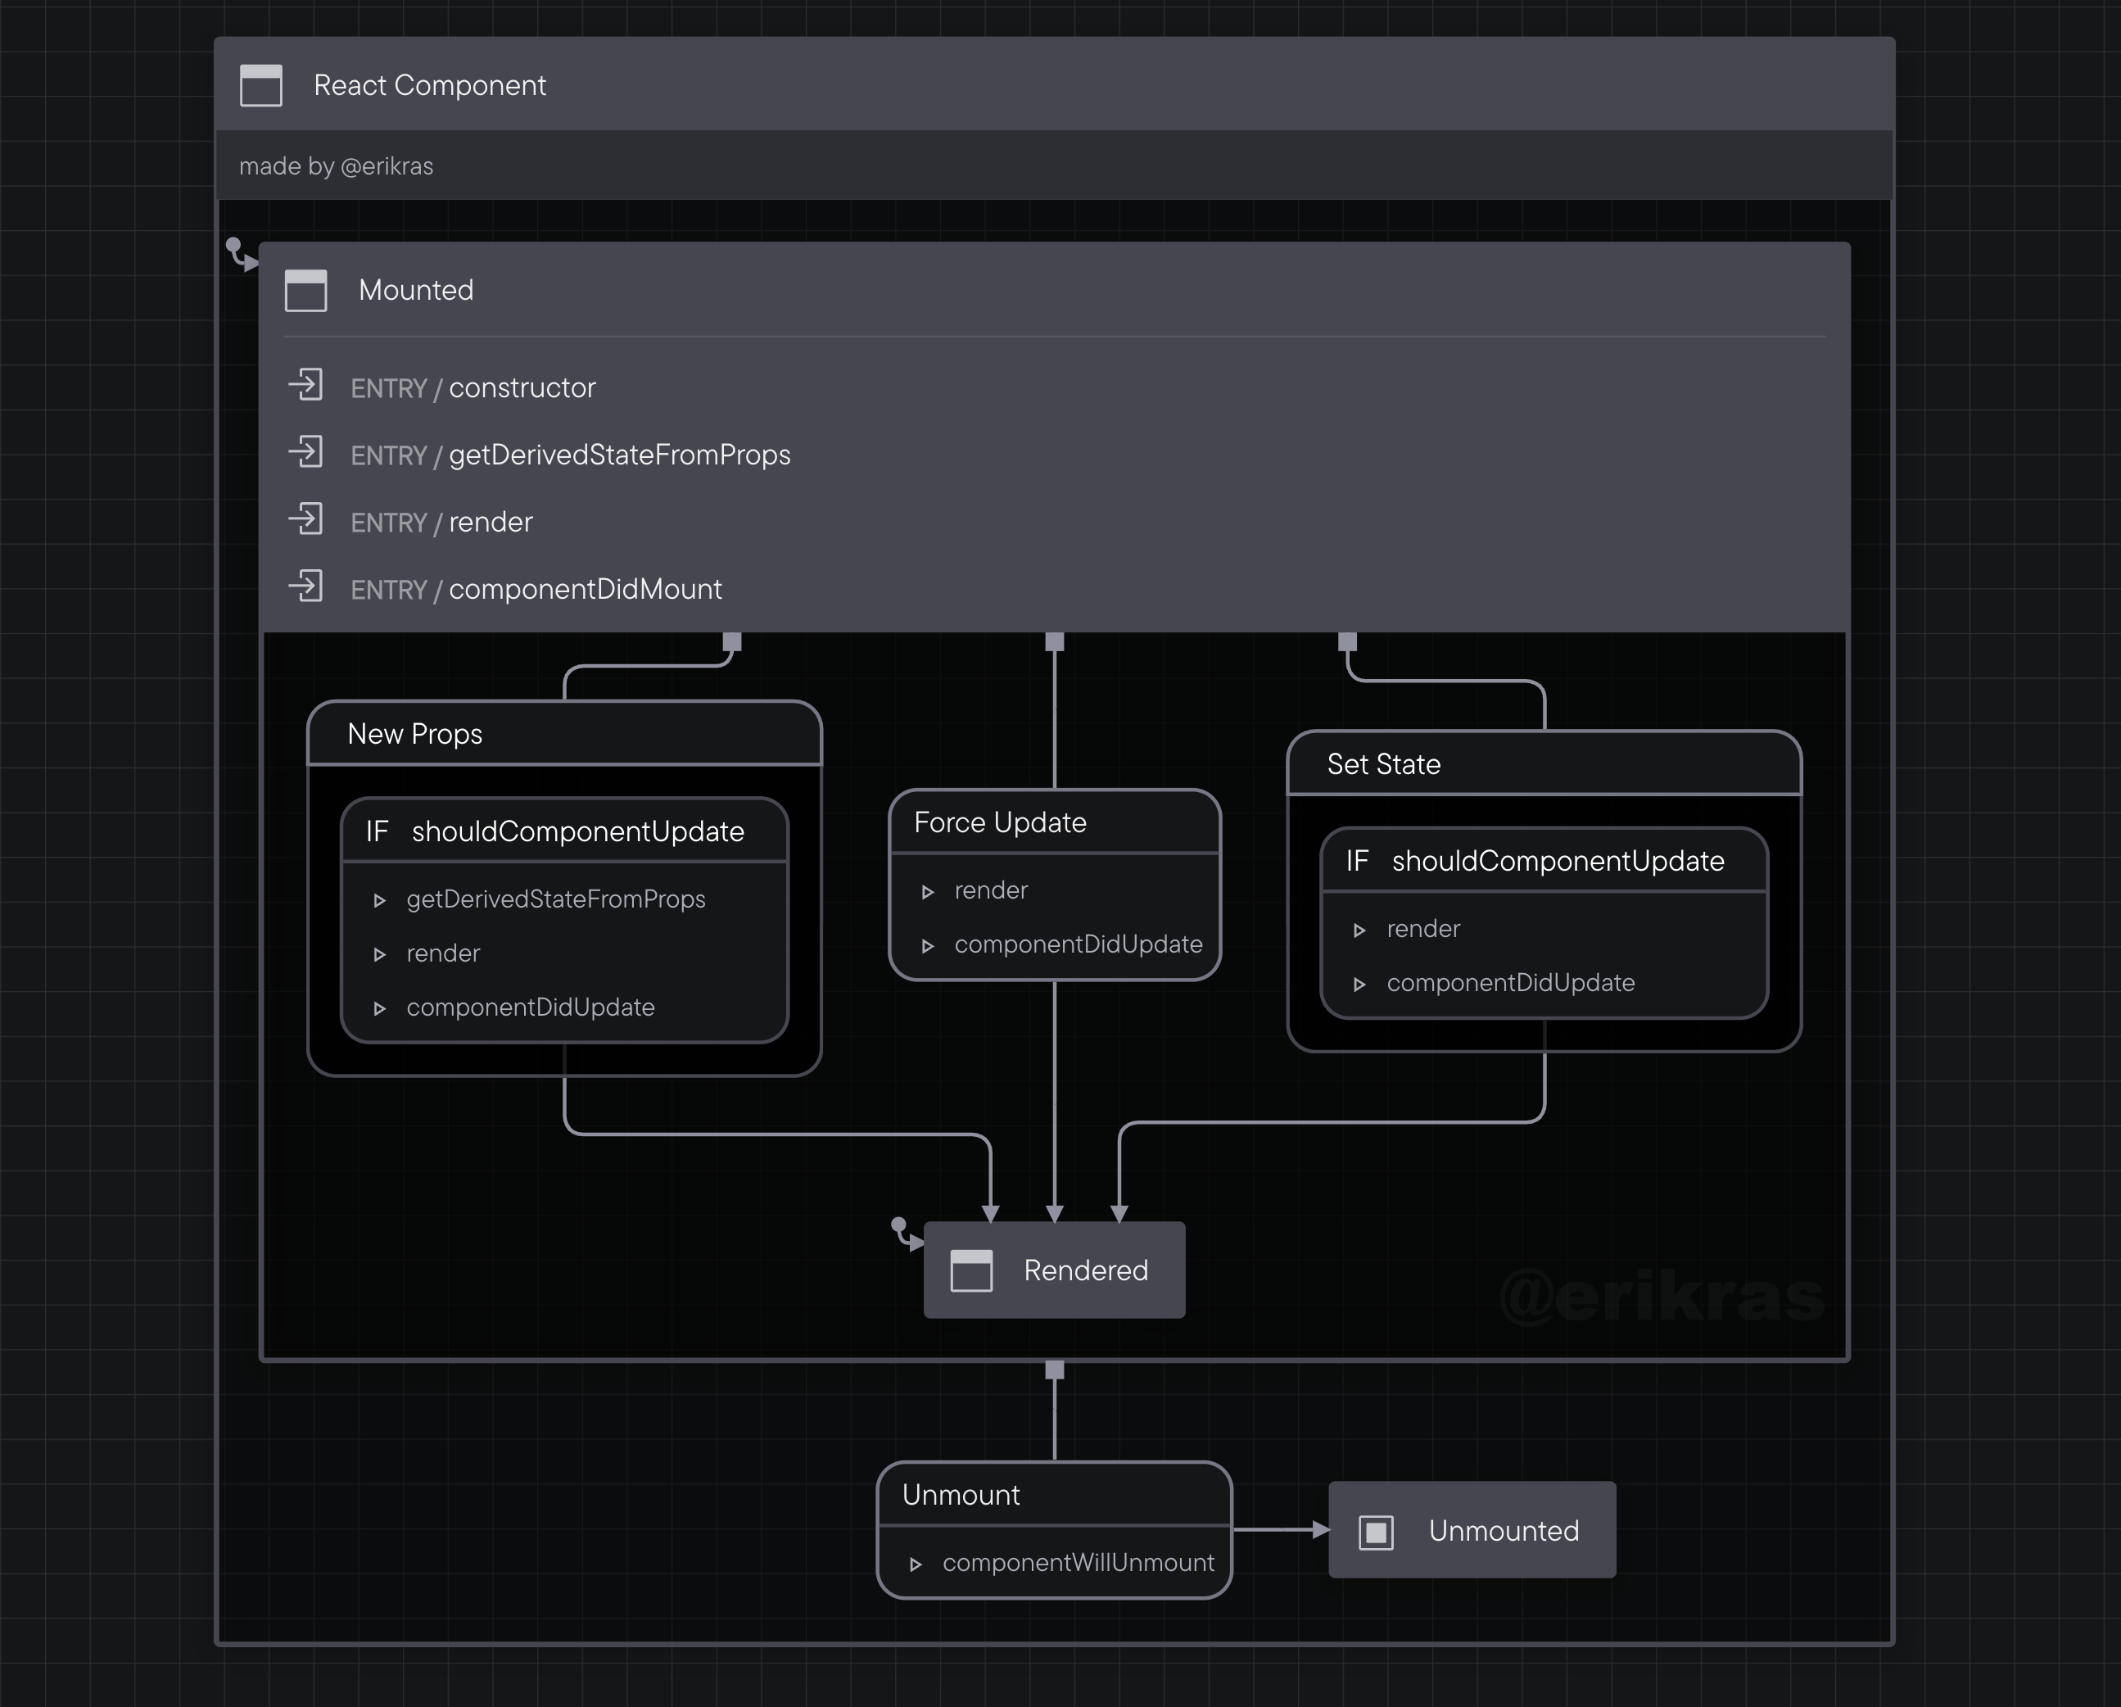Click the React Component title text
point(429,86)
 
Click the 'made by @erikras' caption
point(336,166)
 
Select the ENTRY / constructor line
point(473,387)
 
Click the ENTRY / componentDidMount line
point(536,589)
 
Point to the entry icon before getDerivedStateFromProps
point(306,453)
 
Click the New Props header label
point(414,734)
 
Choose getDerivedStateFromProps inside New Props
point(555,899)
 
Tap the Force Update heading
point(1000,822)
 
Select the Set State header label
point(1383,764)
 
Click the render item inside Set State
point(1422,929)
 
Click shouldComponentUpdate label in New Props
point(577,832)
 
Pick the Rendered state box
point(1055,1270)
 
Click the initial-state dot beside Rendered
point(898,1225)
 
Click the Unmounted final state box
point(1472,1531)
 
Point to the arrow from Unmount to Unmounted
point(1280,1530)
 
